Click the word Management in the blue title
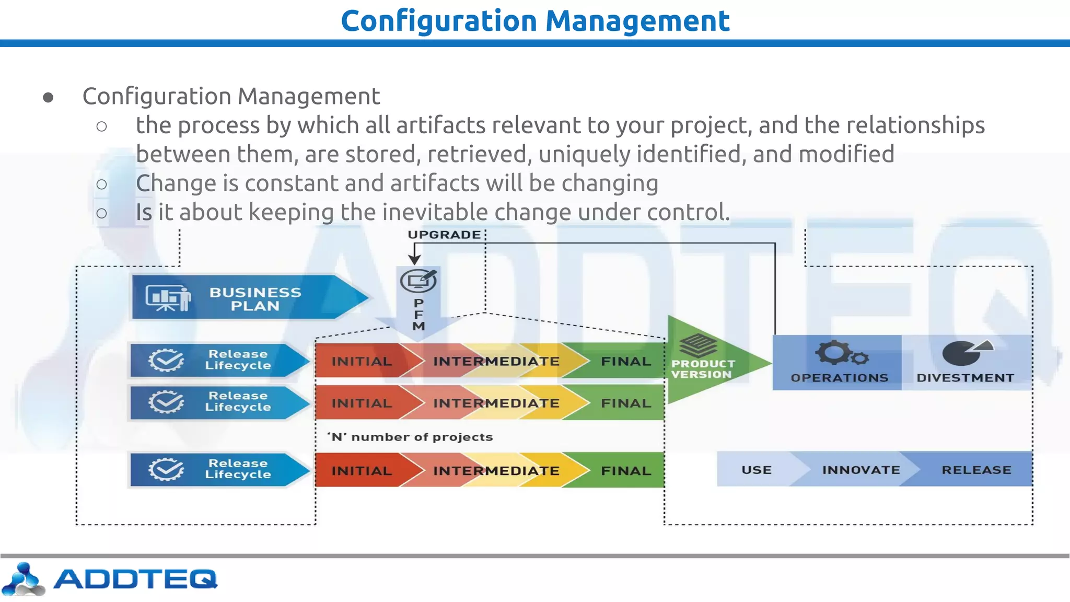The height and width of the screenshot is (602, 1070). point(637,21)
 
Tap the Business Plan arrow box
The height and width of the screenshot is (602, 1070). point(255,298)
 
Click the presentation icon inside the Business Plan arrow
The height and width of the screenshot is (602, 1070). point(167,298)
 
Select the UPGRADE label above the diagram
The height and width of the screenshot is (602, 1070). point(444,235)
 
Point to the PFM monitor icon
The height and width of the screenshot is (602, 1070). point(418,281)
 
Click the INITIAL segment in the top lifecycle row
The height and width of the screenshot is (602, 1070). point(362,361)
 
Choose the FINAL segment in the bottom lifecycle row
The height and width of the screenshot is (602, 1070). point(625,470)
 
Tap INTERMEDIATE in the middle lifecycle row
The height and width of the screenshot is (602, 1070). point(496,403)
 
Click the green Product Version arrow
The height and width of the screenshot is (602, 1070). point(705,361)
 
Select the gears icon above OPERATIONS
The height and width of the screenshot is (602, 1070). point(840,354)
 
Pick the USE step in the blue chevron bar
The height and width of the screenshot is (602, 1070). point(756,470)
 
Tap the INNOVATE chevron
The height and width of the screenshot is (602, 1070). point(860,470)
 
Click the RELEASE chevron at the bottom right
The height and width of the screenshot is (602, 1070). point(976,470)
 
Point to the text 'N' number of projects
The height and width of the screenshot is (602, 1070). point(410,437)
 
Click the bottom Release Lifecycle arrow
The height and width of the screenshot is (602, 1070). point(219,469)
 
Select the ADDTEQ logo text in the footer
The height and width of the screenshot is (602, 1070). point(135,579)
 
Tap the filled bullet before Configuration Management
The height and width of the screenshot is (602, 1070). point(48,98)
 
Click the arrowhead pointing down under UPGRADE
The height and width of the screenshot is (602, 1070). point(414,259)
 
